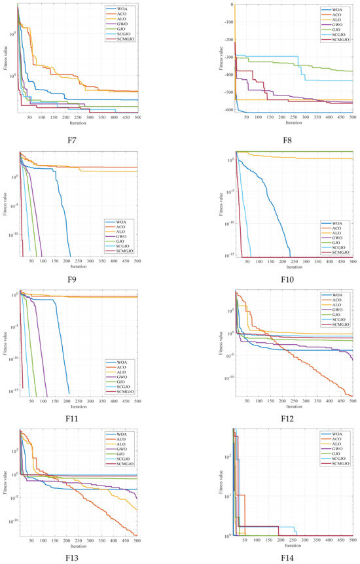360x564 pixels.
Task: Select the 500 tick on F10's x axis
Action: (352, 261)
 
